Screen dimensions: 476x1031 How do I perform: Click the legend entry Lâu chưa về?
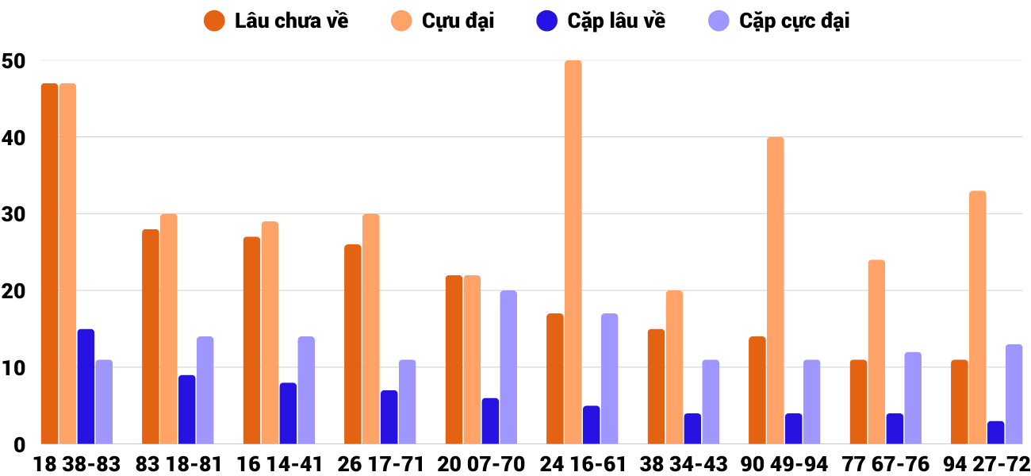(x=278, y=21)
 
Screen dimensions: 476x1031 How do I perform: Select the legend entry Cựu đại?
(x=444, y=21)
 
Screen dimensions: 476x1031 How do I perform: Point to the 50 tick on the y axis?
(x=14, y=61)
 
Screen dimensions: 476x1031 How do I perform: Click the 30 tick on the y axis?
(x=14, y=214)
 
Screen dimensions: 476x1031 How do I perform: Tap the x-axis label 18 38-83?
(x=77, y=464)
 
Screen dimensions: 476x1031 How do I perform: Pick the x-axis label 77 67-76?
(x=886, y=464)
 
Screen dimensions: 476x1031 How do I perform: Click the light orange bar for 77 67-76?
(x=876, y=352)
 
